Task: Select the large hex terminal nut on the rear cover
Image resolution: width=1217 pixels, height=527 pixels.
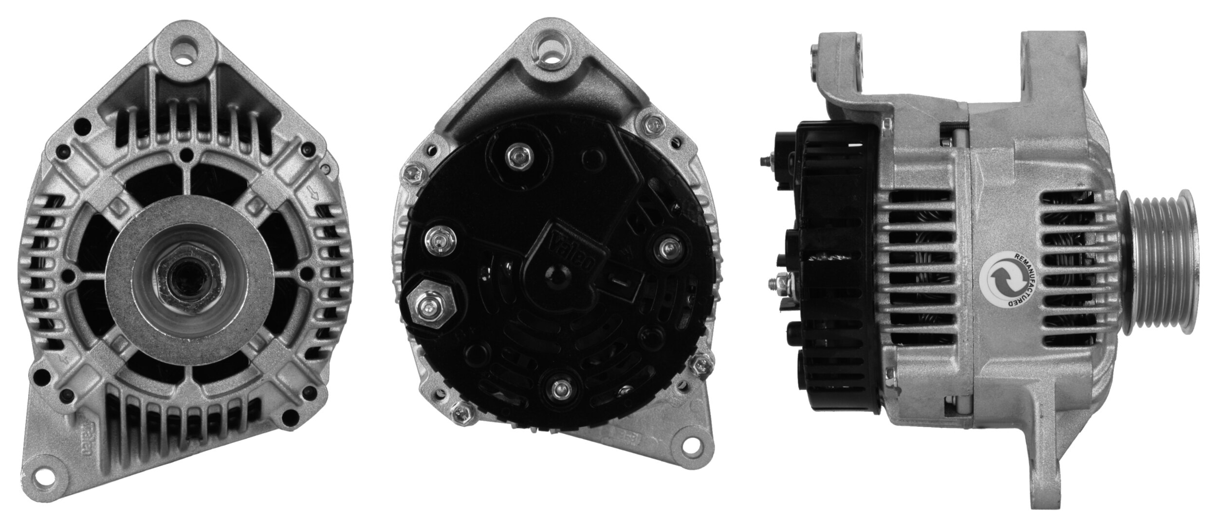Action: point(432,307)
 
